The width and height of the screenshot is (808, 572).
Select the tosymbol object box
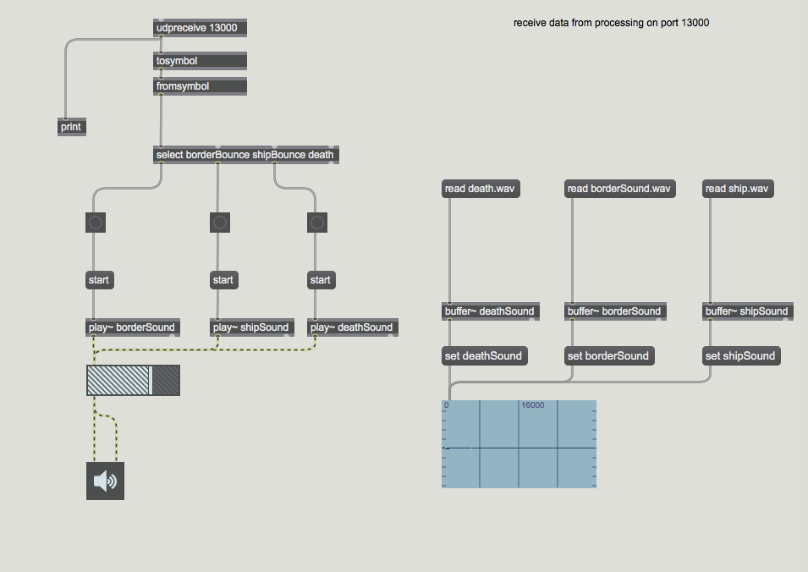coord(201,61)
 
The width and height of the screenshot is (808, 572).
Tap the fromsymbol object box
coord(201,86)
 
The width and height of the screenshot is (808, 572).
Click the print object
coord(71,127)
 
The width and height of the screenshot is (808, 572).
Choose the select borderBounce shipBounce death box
coord(245,155)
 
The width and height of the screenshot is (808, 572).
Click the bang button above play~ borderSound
coord(96,223)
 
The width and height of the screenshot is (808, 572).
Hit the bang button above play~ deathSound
coord(317,223)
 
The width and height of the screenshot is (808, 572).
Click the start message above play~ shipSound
coord(223,280)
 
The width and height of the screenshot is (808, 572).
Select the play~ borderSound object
coord(132,327)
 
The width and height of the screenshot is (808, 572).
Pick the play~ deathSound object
coord(351,327)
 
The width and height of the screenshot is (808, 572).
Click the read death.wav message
coord(480,189)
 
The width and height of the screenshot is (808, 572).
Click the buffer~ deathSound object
coord(490,311)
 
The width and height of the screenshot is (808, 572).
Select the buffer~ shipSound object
coord(747,311)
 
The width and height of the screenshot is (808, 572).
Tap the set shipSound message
coord(740,356)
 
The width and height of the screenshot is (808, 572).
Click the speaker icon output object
coord(105,481)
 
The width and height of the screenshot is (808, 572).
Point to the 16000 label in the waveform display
coord(533,405)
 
